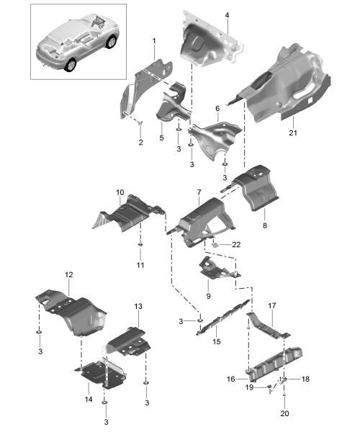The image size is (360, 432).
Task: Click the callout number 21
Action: coord(293,132)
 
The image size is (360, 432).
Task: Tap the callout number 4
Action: coord(227,15)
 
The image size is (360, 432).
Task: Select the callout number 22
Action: coord(236,245)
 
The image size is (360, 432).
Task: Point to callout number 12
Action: coord(69,274)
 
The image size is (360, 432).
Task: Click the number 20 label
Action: coord(285,413)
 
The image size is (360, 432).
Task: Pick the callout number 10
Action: coord(120,192)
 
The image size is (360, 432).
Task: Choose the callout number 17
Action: coord(272,305)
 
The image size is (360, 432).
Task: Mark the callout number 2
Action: coord(140,143)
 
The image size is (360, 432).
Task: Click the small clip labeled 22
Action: coord(215,244)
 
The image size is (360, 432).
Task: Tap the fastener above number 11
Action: coord(140,244)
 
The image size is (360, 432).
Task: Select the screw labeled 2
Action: coord(140,122)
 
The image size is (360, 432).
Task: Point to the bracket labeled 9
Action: coord(217,269)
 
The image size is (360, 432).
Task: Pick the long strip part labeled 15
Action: coord(222,318)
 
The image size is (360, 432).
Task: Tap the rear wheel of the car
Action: coord(71,66)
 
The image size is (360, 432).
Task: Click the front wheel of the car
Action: coord(112,42)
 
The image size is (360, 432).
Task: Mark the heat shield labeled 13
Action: coord(127,341)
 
